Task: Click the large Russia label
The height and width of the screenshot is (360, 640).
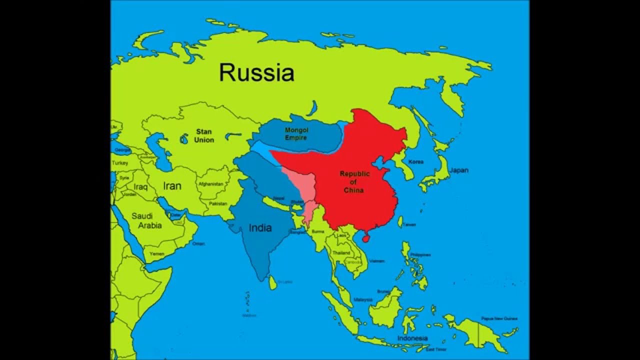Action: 256,73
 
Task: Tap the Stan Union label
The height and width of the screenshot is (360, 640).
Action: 204,136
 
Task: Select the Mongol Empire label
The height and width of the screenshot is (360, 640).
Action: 296,133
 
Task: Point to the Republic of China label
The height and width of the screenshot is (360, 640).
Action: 354,182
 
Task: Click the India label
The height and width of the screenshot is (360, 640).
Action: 260,228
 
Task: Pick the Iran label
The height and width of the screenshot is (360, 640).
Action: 172,186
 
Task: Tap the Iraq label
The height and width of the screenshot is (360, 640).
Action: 140,187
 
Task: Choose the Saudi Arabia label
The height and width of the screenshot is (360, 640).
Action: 146,220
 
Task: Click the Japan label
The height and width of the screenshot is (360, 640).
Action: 458,170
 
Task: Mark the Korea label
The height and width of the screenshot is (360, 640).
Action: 416,162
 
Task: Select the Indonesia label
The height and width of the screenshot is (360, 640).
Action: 412,338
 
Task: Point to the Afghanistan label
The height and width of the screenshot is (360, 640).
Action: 210,184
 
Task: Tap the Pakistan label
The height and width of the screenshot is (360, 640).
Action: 218,204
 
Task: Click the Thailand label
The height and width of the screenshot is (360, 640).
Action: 341,253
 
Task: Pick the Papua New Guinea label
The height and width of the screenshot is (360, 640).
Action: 499,318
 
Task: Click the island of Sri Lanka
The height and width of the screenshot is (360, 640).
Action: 272,283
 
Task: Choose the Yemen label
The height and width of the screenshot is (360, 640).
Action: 156,254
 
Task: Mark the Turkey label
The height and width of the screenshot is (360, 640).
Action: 120,163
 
